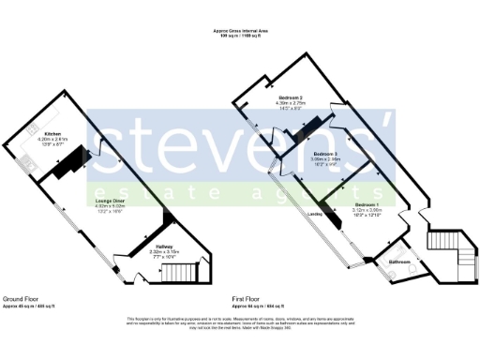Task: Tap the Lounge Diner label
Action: (x=112, y=200)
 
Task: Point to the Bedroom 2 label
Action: (x=290, y=98)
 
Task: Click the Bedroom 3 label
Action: (x=325, y=153)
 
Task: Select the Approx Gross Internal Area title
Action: (x=240, y=31)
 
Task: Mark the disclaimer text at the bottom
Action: (x=240, y=322)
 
